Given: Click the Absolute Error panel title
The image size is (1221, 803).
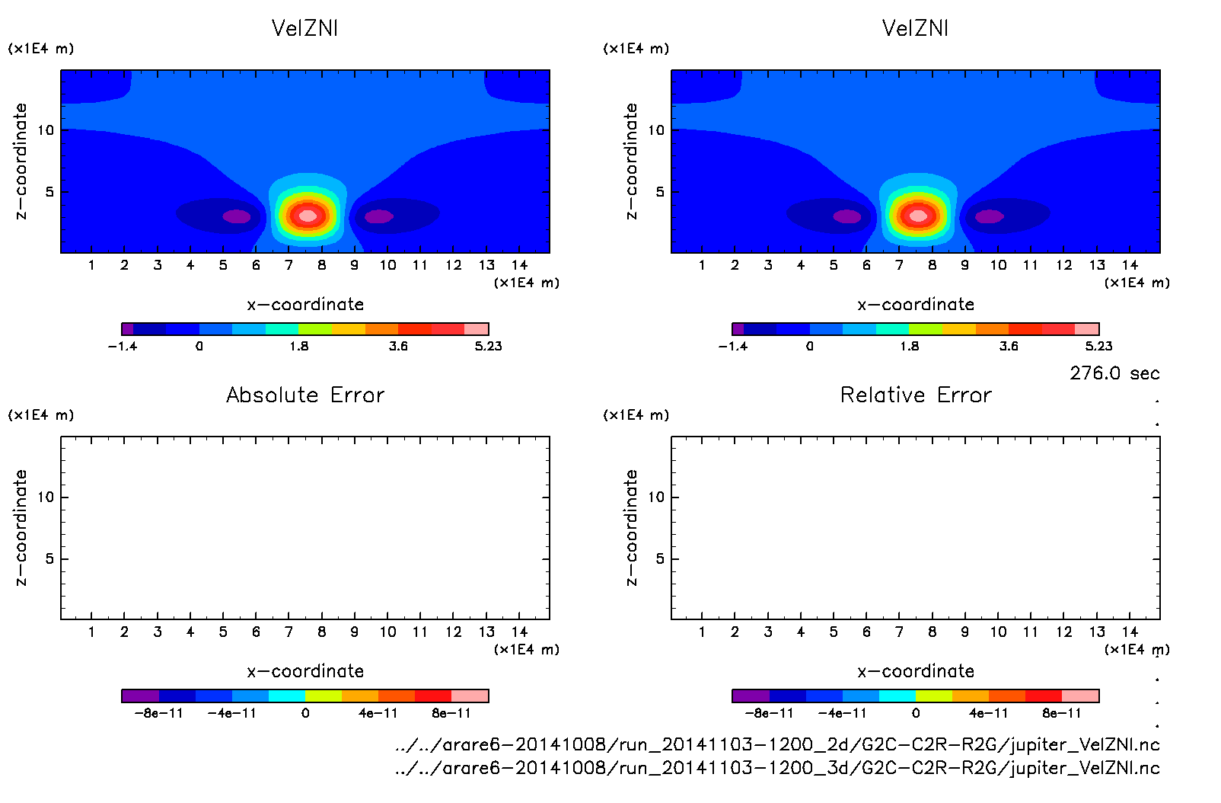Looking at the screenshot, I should pos(305,395).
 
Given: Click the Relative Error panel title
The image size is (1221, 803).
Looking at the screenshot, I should pos(916,395).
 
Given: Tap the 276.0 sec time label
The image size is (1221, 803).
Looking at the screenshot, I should pos(1114,373).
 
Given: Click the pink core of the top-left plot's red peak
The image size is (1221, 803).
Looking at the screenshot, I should pos(308,216).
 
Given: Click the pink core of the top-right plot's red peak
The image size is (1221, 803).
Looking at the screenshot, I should pos(918,216).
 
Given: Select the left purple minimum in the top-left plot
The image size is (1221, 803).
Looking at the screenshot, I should pos(236,216).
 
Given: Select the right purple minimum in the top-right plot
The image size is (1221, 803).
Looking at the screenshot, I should pos(990,216).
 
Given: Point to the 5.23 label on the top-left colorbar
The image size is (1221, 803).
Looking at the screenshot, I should pos(488,346).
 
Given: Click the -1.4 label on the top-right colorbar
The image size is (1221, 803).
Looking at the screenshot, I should pos(732,346).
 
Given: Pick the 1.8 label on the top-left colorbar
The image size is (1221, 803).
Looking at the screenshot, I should pos(299,346).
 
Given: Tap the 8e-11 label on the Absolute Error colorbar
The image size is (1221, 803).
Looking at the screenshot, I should pos(451,713).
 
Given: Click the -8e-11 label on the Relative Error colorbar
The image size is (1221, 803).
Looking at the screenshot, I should pos(769,713).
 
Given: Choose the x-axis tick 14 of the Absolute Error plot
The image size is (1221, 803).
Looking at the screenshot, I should pos(519,632).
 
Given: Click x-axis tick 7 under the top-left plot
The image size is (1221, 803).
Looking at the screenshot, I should pos(289,265).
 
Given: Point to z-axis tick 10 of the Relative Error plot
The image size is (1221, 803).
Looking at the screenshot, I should pos(655,497).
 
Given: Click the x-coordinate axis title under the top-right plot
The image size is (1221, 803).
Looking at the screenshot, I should pos(916,305).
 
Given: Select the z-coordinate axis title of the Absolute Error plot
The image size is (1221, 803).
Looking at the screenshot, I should pos(21,527).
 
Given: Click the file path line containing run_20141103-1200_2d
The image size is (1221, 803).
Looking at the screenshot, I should pos(777,744).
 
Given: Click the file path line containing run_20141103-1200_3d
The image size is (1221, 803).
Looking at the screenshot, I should pos(777,767).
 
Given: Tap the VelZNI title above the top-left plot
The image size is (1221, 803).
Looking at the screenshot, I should pos(304,28).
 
